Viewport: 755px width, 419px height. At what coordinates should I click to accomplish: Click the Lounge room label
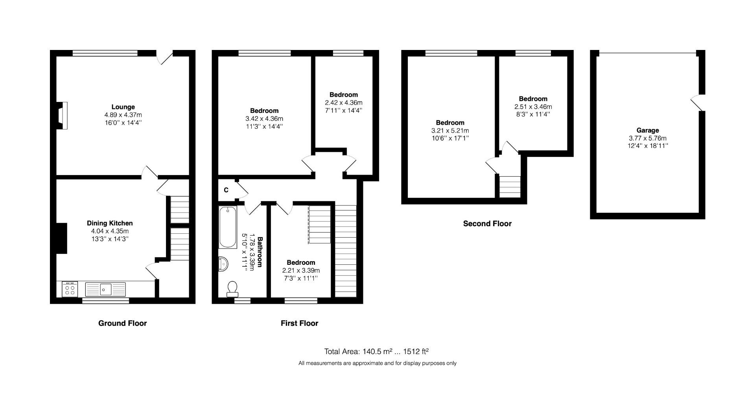(x=123, y=107)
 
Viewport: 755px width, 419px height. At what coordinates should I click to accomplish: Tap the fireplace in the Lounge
(x=62, y=115)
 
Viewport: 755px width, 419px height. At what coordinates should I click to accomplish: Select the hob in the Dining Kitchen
(x=70, y=289)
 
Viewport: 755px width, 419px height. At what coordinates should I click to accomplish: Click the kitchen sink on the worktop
(x=105, y=290)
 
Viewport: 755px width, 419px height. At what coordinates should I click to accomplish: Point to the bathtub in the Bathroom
(x=228, y=227)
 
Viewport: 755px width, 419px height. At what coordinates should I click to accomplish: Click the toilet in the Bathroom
(x=232, y=289)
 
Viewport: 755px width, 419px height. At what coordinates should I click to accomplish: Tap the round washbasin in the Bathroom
(x=223, y=264)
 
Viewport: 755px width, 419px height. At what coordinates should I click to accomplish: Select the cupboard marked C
(x=226, y=190)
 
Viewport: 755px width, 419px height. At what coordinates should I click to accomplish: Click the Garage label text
(x=647, y=130)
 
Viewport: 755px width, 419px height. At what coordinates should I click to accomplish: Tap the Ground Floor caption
(x=122, y=323)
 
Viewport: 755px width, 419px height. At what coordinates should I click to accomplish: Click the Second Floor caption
(x=487, y=223)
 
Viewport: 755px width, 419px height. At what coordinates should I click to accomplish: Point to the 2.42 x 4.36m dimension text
(x=343, y=103)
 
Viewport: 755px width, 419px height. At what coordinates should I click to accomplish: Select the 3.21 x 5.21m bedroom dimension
(x=450, y=131)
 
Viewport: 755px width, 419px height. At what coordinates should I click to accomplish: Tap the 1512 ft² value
(x=416, y=351)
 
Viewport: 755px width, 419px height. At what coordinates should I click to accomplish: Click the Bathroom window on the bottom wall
(x=242, y=301)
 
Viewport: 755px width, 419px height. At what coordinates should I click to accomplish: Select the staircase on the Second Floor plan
(x=510, y=186)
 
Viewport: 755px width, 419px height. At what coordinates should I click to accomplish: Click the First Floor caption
(x=299, y=323)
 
